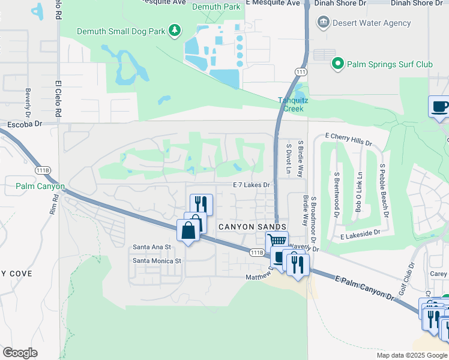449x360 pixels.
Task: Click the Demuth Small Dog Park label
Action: pos(122,29)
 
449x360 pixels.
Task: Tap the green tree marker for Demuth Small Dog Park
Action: pos(175,29)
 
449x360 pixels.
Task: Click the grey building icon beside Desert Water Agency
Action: pos(324,23)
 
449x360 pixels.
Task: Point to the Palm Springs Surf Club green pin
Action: pos(337,63)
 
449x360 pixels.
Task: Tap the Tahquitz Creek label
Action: pos(293,104)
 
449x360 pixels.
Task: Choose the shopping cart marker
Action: pos(277,241)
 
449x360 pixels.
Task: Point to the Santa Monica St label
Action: pos(157,261)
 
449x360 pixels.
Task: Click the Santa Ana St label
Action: pos(152,247)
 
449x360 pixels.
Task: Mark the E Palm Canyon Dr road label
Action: pos(364,289)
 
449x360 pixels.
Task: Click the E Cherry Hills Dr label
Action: pos(348,140)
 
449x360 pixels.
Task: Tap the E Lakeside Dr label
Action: pos(360,235)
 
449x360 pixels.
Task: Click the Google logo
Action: pos(20,353)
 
